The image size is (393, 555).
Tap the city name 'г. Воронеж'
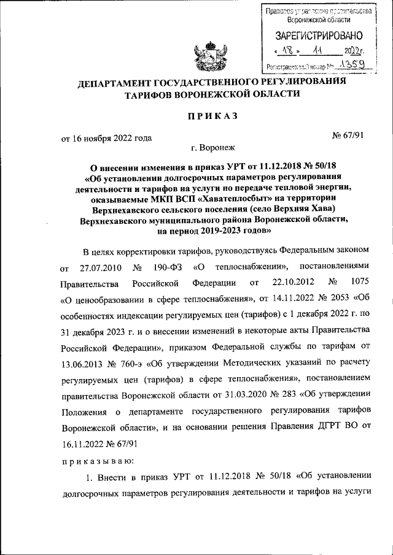point(212,148)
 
